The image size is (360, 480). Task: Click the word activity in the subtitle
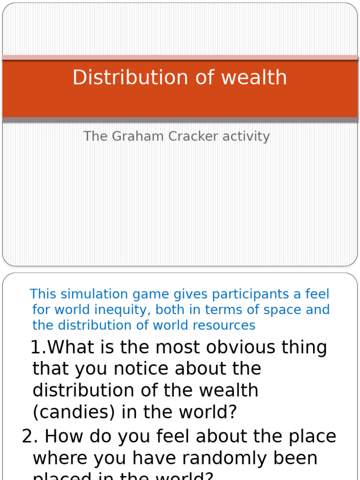(x=246, y=136)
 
